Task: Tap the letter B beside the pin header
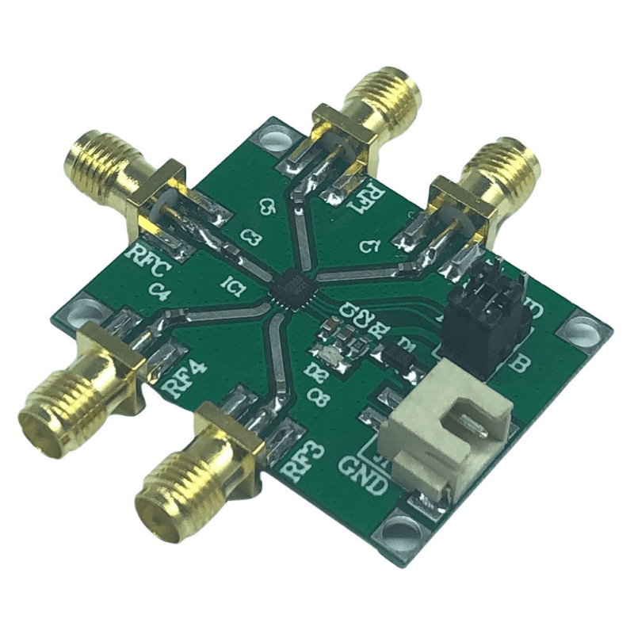[522, 365]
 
